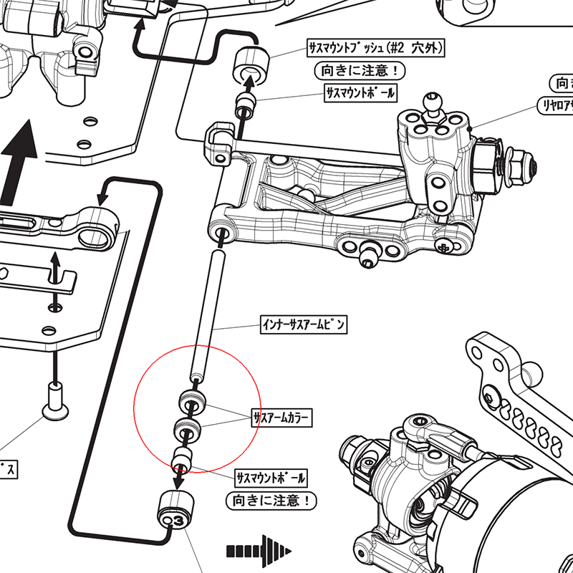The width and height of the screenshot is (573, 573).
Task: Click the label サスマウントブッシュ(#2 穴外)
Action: click(x=376, y=49)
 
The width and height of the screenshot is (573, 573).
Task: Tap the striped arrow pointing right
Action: click(x=259, y=550)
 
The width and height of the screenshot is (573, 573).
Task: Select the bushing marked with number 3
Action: click(x=175, y=511)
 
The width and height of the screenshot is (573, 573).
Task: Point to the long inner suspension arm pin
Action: click(x=207, y=315)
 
